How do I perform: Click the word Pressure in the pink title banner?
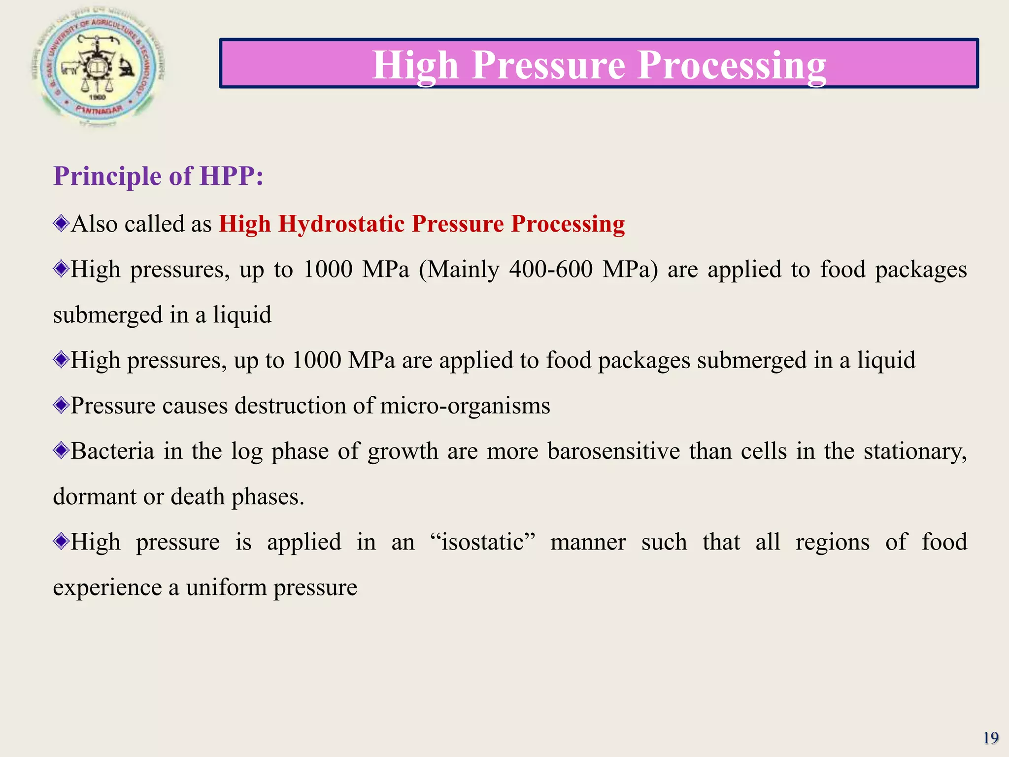click(548, 65)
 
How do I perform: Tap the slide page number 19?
click(990, 738)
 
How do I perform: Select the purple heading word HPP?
click(231, 176)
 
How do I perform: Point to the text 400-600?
click(550, 270)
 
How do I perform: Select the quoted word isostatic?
click(482, 542)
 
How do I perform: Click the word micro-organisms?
click(465, 406)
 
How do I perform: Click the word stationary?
click(914, 451)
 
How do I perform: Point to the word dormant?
click(94, 496)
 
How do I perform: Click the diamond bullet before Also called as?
click(61, 224)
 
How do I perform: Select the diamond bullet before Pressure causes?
click(61, 406)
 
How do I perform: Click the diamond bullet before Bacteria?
click(61, 451)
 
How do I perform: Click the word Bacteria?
click(112, 451)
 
